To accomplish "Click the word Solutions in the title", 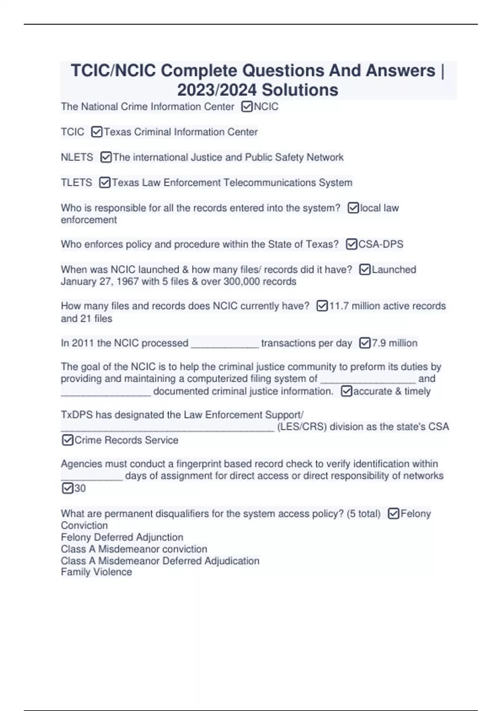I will tap(300, 90).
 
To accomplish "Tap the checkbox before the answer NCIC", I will tap(247, 107).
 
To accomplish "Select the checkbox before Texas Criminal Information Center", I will tap(97, 132).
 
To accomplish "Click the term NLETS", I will tap(77, 157).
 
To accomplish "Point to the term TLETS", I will tap(76, 183).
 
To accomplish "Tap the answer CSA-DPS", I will tap(381, 244).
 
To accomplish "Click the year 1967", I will tap(128, 281).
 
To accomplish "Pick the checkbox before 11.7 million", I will tap(322, 306).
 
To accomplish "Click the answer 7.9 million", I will tap(394, 343).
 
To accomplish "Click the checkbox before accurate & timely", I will tap(346, 391).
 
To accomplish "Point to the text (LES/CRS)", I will tap(302, 427).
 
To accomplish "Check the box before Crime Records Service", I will tap(67, 440).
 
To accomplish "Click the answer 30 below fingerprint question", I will tap(80, 488).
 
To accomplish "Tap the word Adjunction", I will tap(159, 537).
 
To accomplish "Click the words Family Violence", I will tap(96, 572).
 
